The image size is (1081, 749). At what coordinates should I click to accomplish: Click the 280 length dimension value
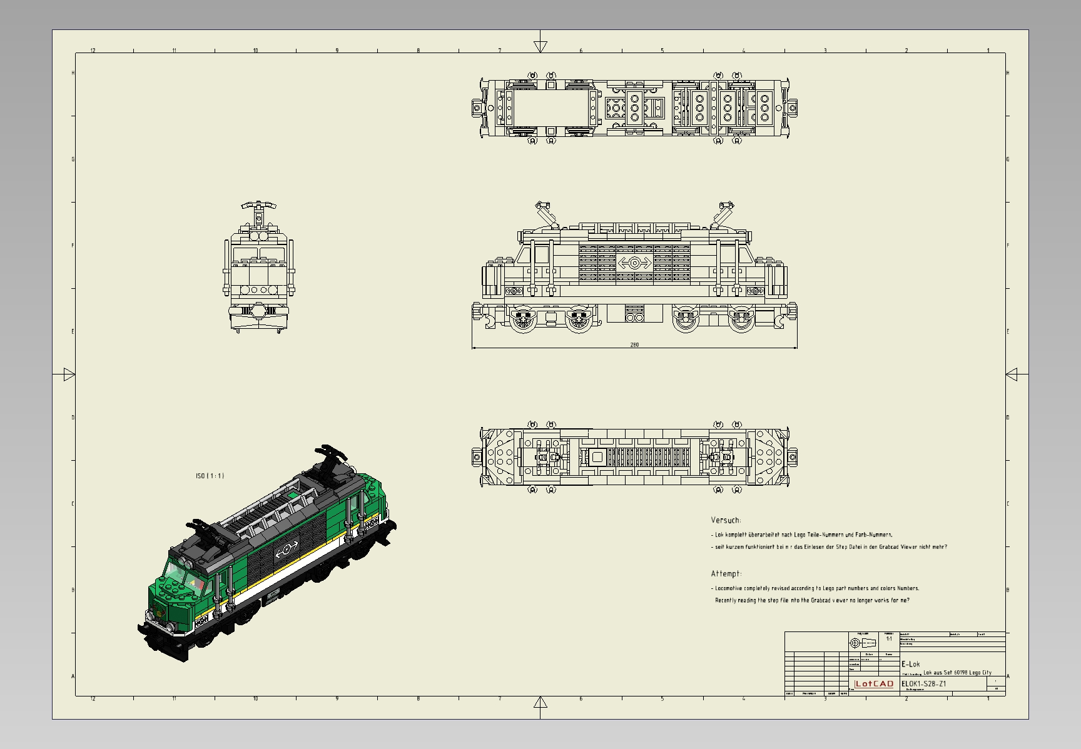click(634, 344)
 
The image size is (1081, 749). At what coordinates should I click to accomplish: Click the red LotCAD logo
click(874, 683)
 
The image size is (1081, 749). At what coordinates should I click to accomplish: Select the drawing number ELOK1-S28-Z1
click(923, 683)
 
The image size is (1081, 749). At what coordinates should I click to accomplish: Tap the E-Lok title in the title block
click(910, 664)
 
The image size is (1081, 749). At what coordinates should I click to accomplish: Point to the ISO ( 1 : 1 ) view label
click(210, 476)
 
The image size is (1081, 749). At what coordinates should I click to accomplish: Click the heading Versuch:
click(726, 520)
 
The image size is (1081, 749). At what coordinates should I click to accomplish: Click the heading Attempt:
click(726, 573)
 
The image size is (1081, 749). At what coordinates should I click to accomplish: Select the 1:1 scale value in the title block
click(889, 639)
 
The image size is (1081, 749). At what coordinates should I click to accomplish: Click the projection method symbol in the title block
click(862, 643)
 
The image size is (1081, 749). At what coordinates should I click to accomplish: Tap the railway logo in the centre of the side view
click(634, 263)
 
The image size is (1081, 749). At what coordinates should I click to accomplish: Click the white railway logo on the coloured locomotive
click(286, 550)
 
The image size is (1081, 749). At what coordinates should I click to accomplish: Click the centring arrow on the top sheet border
click(540, 46)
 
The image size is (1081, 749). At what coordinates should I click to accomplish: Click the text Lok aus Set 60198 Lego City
click(957, 673)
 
